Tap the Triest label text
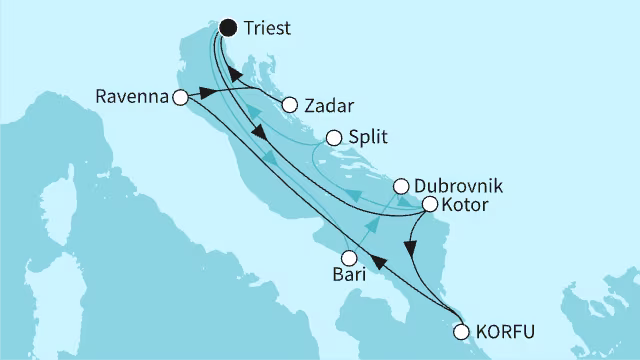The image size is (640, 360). (x=266, y=28)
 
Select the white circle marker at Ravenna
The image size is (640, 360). (x=180, y=97)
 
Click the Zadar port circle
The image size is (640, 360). (x=291, y=104)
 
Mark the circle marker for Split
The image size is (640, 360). (x=336, y=140)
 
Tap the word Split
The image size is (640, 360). (x=369, y=139)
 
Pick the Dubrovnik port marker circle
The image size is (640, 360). (x=400, y=186)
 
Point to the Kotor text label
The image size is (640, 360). (x=465, y=205)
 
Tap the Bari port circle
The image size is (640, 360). (x=349, y=256)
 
